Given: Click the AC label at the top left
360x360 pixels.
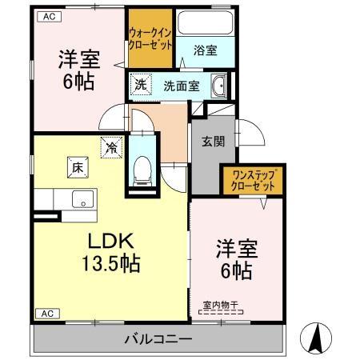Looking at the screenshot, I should click(x=50, y=15).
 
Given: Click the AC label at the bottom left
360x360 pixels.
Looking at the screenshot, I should click(x=46, y=313).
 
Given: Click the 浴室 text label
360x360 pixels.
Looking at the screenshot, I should click(x=205, y=50).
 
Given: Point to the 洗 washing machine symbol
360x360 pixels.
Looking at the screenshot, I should click(x=141, y=82).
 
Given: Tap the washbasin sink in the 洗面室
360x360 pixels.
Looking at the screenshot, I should click(x=218, y=85).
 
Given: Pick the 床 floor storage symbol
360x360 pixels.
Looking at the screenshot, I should click(x=77, y=168).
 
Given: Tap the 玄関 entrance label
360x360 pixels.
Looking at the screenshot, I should click(x=212, y=142).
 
